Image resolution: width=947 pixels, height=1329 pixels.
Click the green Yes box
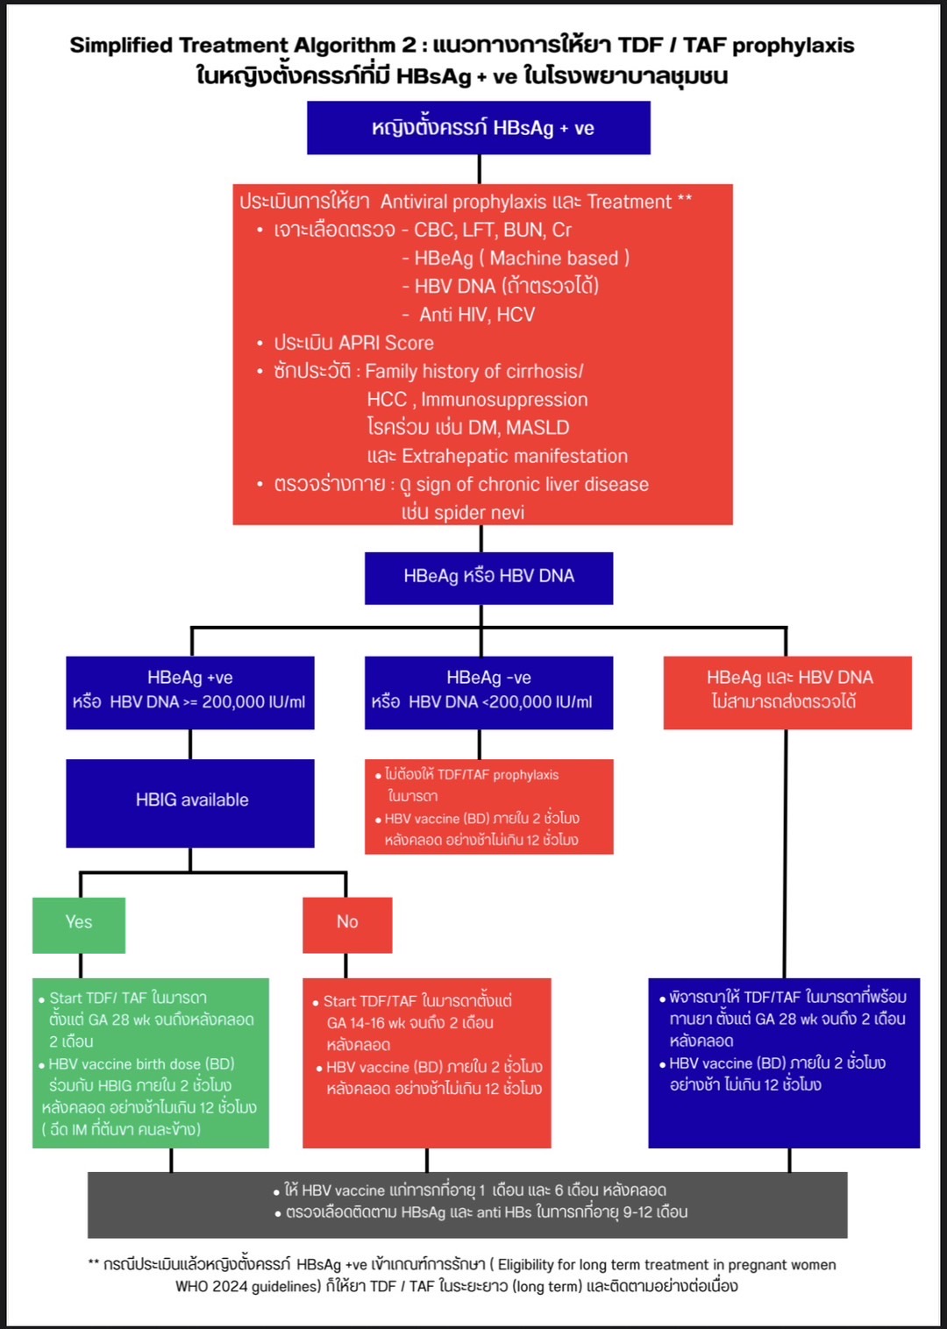point(79,924)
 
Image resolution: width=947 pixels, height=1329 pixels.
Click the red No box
point(347,924)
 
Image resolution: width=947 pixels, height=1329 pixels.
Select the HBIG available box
point(190,802)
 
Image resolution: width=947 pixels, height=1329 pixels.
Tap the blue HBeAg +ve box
point(190,692)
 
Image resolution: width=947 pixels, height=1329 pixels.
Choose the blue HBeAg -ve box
point(488,692)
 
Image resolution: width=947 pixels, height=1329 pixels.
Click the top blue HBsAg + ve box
point(479,128)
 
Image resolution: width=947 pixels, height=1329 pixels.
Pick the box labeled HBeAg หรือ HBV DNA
point(488,577)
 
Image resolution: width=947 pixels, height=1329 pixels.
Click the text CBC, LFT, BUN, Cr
point(492,231)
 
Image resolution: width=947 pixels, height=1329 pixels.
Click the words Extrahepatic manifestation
point(515,457)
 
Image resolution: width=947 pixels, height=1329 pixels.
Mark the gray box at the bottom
point(467,1204)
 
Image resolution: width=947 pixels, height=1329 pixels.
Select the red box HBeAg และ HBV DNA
point(787,692)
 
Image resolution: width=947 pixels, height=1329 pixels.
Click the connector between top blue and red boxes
point(480,169)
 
